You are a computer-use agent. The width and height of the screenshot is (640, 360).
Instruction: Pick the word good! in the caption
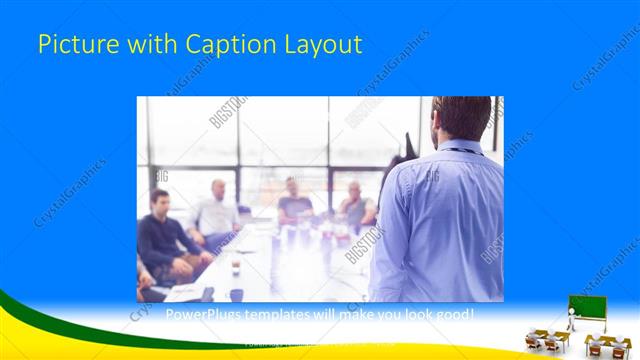[x=456, y=315]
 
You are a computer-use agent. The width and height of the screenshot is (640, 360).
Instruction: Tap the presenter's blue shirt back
[x=440, y=220]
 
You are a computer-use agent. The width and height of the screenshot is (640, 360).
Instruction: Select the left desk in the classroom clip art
[x=546, y=340]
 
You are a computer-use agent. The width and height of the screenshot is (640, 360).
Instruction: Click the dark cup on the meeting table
[x=236, y=267]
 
